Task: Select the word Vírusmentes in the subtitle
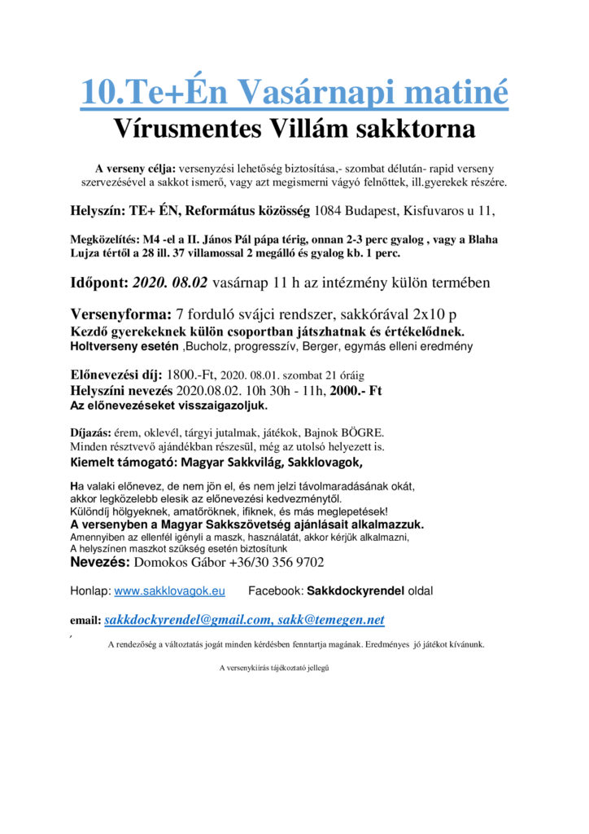(185, 129)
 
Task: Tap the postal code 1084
(330, 211)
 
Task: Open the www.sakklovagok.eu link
(169, 590)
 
